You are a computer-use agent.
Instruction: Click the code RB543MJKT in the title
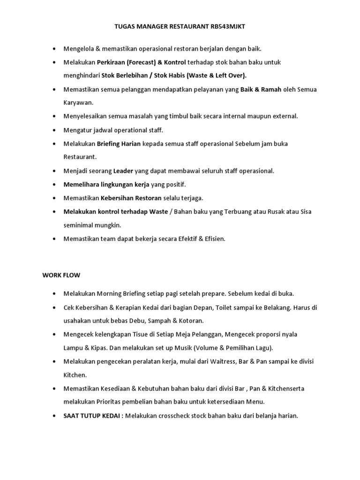[225, 27]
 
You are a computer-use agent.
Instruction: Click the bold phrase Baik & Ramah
[261, 89]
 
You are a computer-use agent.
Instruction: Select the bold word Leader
[123, 171]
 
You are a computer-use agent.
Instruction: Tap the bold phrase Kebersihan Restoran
[132, 198]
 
